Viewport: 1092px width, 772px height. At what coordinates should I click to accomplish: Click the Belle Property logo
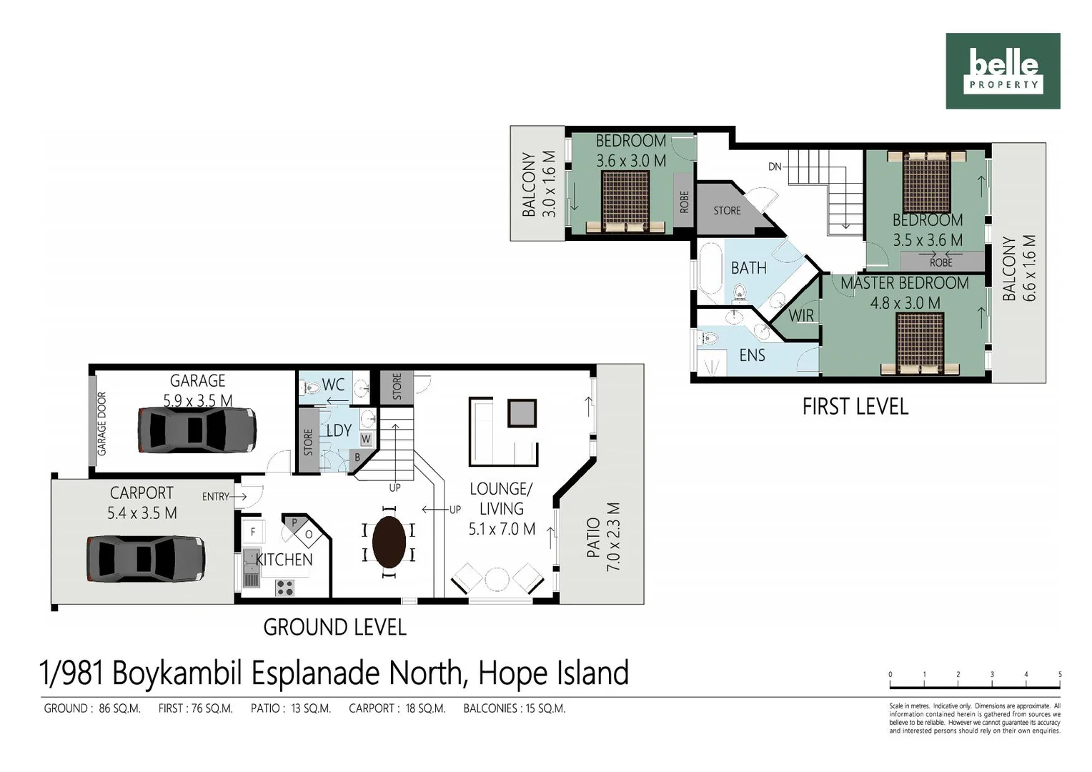(1003, 71)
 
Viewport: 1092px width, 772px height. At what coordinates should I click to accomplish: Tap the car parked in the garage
(197, 430)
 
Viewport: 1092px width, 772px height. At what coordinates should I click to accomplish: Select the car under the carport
(146, 558)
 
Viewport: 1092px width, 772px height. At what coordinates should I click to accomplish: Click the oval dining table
(389, 542)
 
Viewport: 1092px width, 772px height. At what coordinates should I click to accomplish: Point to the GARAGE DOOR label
(101, 424)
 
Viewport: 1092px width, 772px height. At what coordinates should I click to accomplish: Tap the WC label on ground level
(333, 385)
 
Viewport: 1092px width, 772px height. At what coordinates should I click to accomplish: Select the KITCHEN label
(284, 560)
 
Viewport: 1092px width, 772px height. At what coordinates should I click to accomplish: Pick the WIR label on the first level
(801, 315)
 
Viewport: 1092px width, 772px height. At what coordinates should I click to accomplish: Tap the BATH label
(748, 268)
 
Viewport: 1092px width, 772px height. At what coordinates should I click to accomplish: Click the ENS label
(752, 355)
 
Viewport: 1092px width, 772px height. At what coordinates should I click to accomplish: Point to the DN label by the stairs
(775, 167)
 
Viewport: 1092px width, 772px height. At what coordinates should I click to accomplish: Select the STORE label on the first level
(727, 211)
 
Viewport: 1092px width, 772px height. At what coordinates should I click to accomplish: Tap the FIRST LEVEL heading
(855, 407)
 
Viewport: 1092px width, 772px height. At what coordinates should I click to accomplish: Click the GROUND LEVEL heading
(334, 628)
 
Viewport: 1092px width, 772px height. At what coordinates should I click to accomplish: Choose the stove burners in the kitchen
(284, 588)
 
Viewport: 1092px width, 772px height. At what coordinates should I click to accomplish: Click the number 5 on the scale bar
(1059, 675)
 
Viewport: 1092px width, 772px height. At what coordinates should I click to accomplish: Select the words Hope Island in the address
(553, 673)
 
